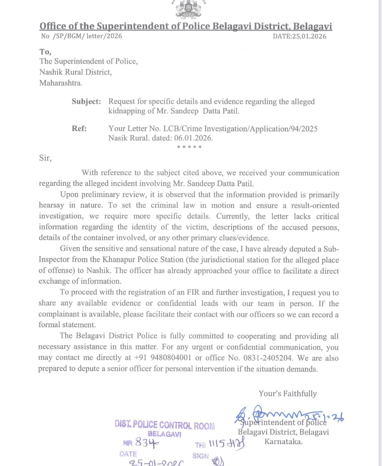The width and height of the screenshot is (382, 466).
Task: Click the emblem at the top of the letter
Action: coord(189,9)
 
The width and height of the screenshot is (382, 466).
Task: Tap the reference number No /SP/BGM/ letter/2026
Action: coord(81,36)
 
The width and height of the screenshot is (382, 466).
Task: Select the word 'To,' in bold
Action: coord(45,52)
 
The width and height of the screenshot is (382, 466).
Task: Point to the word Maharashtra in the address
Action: coord(61,83)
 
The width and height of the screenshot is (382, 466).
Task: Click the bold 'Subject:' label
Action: coord(86,101)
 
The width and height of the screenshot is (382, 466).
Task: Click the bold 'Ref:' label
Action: coord(79,129)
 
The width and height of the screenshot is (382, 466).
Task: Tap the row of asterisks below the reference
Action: coord(189,147)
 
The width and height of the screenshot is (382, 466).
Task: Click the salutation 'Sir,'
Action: coord(45,158)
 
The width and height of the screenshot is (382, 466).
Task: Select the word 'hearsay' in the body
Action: coord(52,205)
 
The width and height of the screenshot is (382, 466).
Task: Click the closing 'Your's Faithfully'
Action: coord(288,394)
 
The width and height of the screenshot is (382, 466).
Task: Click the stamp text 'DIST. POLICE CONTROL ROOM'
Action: coord(165,425)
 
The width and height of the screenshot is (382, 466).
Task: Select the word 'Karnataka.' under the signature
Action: coord(283,442)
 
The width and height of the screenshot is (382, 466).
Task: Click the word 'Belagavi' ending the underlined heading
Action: coord(312,26)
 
